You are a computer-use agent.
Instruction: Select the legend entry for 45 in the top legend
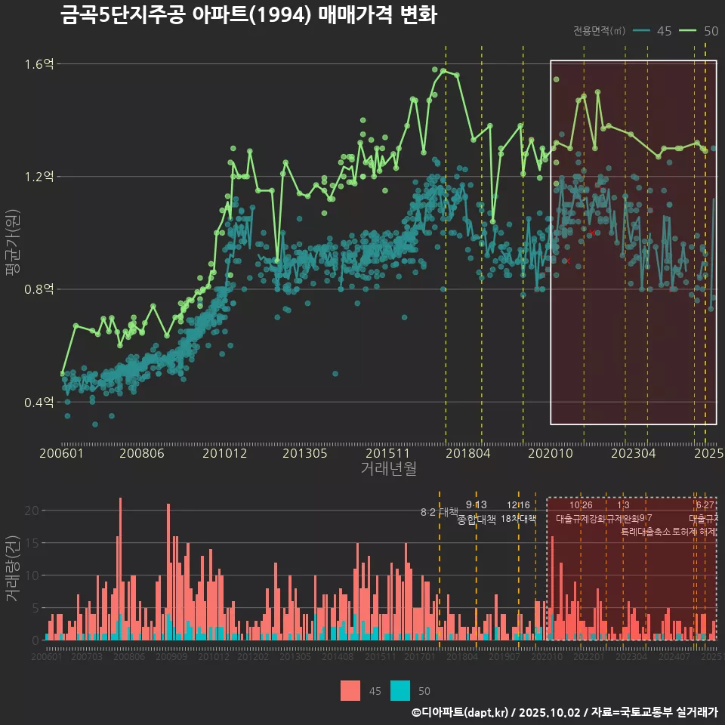pyautogui.click(x=654, y=31)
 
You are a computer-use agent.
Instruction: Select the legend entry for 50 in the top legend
pyautogui.click(x=699, y=31)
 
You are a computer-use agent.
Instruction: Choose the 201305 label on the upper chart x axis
pyautogui.click(x=304, y=454)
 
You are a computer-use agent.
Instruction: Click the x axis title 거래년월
pyautogui.click(x=388, y=469)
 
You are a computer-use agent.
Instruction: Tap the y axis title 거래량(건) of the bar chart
pyautogui.click(x=13, y=569)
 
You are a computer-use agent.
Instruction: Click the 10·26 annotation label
pyautogui.click(x=581, y=505)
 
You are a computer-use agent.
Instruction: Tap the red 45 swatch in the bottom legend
pyautogui.click(x=350, y=690)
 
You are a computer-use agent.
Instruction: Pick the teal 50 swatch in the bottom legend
pyautogui.click(x=400, y=690)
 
